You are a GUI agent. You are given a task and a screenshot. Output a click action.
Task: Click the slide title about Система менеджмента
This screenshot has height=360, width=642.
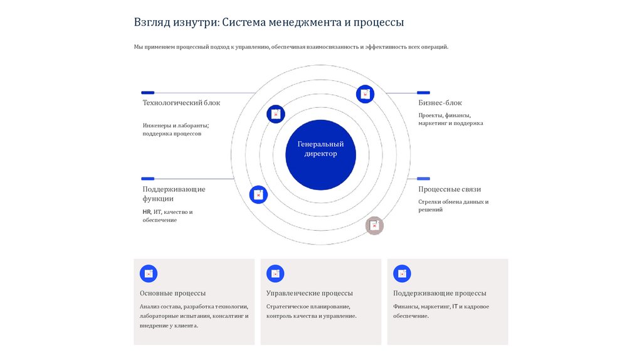click(268, 23)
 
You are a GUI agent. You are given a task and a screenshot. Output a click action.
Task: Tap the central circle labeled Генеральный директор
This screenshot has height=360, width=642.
click(320, 149)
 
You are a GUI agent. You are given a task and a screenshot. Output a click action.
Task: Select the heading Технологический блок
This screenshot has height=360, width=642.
click(181, 103)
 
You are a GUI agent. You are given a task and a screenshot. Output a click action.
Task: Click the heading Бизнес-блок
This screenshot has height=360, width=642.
click(440, 103)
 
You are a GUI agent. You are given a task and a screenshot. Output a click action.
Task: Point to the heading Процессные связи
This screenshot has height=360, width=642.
click(450, 189)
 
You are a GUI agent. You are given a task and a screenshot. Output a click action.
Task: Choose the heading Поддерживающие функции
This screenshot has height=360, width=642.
click(174, 194)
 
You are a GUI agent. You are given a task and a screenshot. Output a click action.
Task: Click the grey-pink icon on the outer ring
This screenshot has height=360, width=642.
click(374, 226)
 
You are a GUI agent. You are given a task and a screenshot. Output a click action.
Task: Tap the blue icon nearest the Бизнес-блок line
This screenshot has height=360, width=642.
click(365, 94)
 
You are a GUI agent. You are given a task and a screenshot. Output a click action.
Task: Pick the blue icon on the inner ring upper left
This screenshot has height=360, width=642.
click(276, 114)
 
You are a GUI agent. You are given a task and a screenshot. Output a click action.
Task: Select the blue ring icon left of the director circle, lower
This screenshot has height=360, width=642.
click(258, 195)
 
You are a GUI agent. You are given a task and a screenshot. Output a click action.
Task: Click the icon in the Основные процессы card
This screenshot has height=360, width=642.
click(149, 273)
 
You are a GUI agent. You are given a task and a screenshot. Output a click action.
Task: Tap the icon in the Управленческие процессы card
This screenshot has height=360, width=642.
click(275, 273)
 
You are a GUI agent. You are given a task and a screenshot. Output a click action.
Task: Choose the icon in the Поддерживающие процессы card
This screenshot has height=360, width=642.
click(402, 273)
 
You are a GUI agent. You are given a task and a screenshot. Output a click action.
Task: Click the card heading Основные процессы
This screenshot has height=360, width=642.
click(172, 294)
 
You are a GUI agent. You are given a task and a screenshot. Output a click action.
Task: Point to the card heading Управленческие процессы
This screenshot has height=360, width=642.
click(309, 294)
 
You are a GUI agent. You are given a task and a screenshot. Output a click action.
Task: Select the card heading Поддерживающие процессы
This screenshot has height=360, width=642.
click(439, 294)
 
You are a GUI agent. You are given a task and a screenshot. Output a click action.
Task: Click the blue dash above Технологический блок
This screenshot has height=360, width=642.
click(148, 93)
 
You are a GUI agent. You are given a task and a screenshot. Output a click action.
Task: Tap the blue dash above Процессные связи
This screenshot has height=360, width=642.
click(424, 179)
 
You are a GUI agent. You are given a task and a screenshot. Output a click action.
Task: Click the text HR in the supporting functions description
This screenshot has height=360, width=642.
click(147, 212)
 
